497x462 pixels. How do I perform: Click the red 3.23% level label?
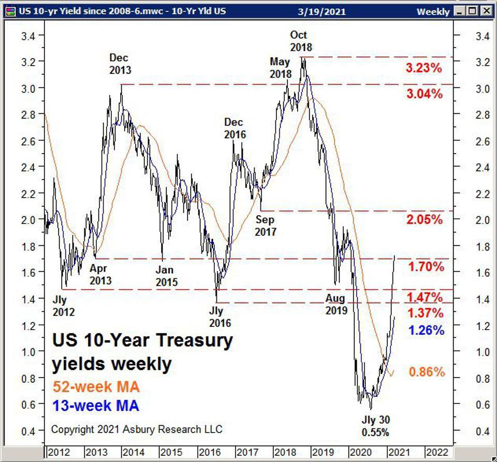[x=424, y=68]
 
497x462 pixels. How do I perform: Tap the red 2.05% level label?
[x=425, y=219]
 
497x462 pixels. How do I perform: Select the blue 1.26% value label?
[x=426, y=330]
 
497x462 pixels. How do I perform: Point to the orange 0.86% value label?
[x=427, y=371]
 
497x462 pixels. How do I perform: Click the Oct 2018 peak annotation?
[x=301, y=41]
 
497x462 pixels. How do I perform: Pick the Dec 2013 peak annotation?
[x=119, y=64]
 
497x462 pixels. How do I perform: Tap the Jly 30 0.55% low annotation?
[x=376, y=426]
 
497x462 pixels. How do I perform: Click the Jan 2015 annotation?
[x=166, y=276]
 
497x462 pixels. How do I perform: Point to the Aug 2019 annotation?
[x=336, y=304]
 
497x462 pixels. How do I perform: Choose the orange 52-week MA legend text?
[x=96, y=386]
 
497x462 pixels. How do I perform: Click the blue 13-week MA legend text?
[x=95, y=406]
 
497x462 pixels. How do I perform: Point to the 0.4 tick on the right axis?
[x=483, y=431]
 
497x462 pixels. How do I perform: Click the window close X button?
[x=486, y=10]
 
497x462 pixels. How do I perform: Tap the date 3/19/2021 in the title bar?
[x=321, y=11]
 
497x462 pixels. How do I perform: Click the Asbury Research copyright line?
[x=137, y=429]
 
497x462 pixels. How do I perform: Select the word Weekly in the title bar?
[x=432, y=11]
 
